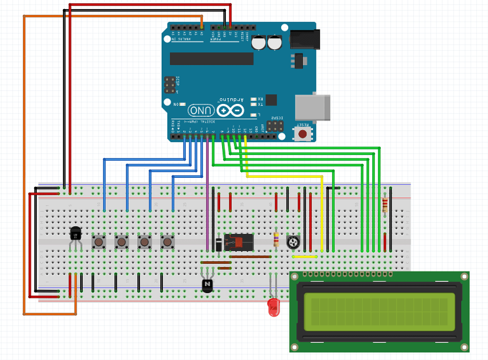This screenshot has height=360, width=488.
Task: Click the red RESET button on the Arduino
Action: click(x=302, y=134)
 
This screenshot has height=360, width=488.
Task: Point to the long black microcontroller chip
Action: click(x=212, y=58)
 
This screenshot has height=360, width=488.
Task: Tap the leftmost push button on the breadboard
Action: click(x=99, y=242)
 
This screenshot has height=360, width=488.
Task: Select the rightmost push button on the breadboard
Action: click(x=167, y=242)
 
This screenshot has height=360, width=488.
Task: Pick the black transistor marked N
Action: click(x=207, y=285)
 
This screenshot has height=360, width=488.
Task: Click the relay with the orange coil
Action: click(x=239, y=242)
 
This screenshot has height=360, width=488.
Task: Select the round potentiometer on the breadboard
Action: click(x=293, y=243)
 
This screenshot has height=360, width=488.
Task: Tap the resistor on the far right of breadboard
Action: click(x=385, y=205)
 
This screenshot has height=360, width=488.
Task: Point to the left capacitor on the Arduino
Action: click(x=259, y=42)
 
